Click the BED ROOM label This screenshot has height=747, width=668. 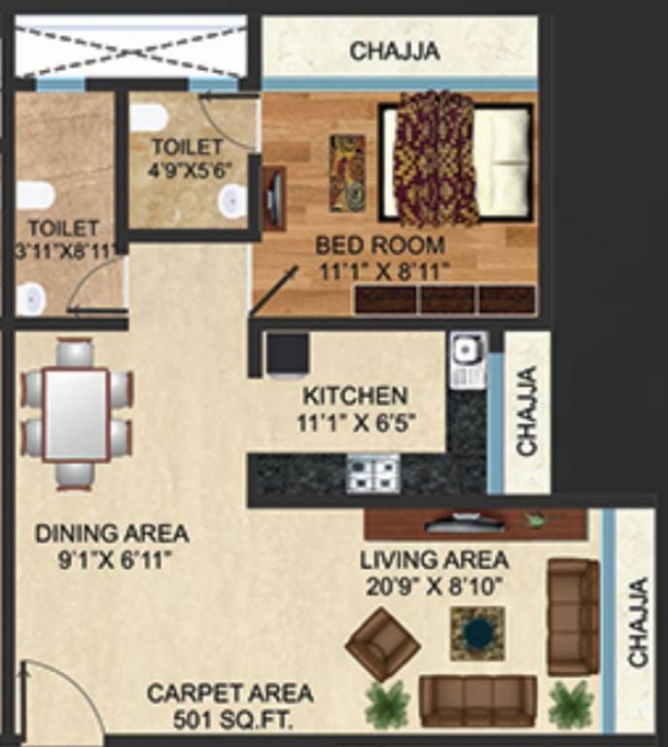tap(380, 245)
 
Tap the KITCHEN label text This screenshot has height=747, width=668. tap(354, 397)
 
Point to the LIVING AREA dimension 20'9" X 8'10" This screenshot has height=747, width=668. tap(434, 586)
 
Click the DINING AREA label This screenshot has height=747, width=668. tap(112, 534)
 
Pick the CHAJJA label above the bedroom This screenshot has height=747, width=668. tap(395, 51)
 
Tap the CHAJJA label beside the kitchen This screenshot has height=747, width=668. tap(527, 410)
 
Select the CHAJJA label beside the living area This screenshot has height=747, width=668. tap(638, 622)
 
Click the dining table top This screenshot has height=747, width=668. tap(77, 414)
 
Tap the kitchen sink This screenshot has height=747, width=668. tap(468, 347)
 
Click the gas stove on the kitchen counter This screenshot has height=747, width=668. tap(373, 474)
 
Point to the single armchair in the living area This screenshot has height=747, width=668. tap(382, 643)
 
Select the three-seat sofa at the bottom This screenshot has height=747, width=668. tap(477, 700)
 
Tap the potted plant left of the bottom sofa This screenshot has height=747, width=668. tap(387, 702)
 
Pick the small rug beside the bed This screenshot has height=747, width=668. tap(347, 172)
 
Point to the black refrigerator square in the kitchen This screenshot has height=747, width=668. tap(288, 352)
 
